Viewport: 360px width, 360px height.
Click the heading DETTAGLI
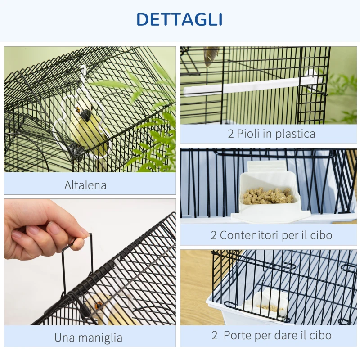(180, 19)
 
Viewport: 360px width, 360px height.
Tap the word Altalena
(85, 185)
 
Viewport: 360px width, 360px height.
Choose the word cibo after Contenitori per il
(320, 235)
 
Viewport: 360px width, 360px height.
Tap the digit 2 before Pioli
(231, 134)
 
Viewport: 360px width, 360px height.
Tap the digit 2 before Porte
(215, 335)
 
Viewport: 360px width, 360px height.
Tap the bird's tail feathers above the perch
(211, 55)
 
